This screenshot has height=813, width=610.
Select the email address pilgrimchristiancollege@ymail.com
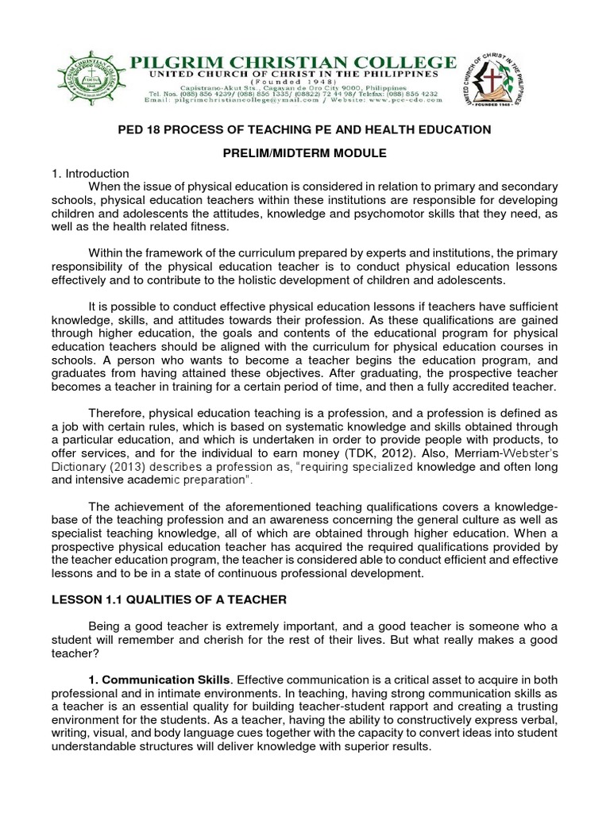(237, 102)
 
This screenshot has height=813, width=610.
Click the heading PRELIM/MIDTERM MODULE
(304, 152)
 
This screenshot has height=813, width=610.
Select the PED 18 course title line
(304, 129)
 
